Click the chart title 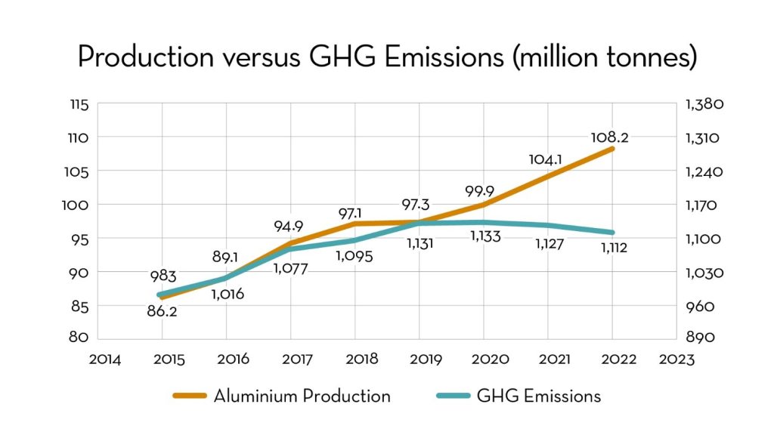[387, 57]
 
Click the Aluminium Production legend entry [281, 396]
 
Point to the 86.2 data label [161, 311]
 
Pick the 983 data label [161, 276]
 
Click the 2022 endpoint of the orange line [611, 149]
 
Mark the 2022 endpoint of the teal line [611, 233]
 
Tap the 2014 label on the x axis [104, 359]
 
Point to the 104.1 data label [546, 159]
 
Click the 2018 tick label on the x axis [354, 359]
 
